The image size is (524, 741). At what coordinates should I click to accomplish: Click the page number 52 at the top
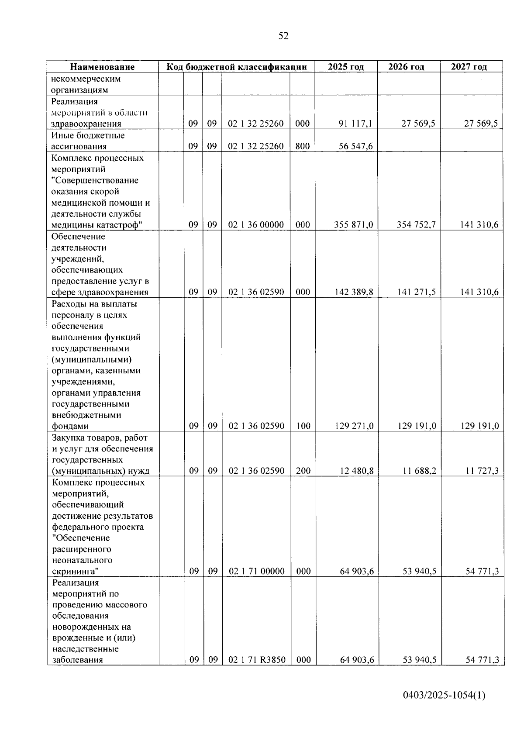(283, 36)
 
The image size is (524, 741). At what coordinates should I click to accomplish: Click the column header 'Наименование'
(103, 67)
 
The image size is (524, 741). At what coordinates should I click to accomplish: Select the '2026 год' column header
(406, 67)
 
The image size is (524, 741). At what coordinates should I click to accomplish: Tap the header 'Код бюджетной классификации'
(236, 67)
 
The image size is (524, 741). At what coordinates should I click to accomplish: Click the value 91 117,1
(356, 124)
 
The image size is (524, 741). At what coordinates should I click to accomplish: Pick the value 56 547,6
(356, 146)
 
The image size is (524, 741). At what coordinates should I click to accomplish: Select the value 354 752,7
(416, 225)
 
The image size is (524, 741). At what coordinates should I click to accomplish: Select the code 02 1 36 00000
(256, 225)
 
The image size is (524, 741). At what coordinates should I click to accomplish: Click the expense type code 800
(302, 146)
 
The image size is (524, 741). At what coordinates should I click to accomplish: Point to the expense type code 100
(303, 426)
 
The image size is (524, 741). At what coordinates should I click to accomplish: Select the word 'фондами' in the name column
(70, 427)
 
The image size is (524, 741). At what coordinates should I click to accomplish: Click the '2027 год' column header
(469, 67)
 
